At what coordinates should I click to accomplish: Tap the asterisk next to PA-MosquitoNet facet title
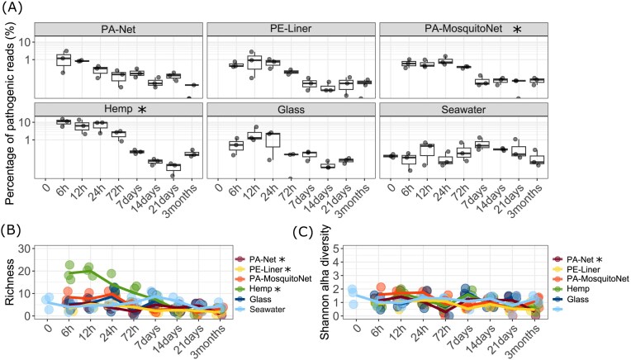click(x=518, y=30)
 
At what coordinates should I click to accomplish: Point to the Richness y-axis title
click(x=12, y=283)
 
